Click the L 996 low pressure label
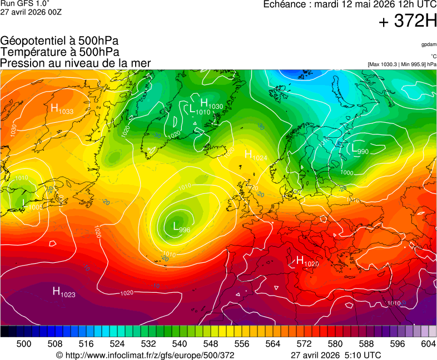click(181, 227)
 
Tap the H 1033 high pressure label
click(62, 109)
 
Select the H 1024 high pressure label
click(256, 156)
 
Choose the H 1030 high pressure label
click(211, 104)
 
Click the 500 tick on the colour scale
click(24, 344)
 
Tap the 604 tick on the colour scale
click(428, 344)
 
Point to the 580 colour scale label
click(335, 344)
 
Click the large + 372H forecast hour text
click(408, 22)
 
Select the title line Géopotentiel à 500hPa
click(59, 41)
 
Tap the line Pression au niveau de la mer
click(76, 63)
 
